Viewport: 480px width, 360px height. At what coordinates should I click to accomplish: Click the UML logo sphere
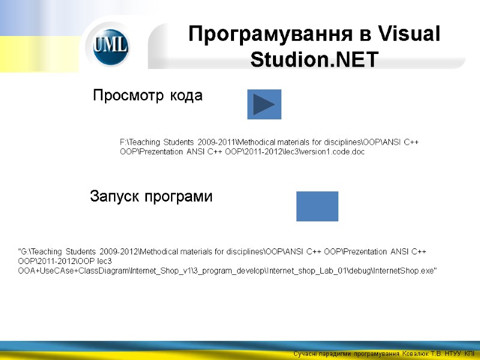coord(111,47)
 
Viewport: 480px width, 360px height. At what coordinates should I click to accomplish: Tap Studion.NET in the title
coord(314,60)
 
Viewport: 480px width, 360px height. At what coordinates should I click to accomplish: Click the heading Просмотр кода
coord(148,95)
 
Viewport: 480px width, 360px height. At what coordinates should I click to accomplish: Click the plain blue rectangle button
coord(317,206)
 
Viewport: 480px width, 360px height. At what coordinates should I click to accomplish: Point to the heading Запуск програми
coord(151,196)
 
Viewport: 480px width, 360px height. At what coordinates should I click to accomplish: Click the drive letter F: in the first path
coord(124,142)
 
